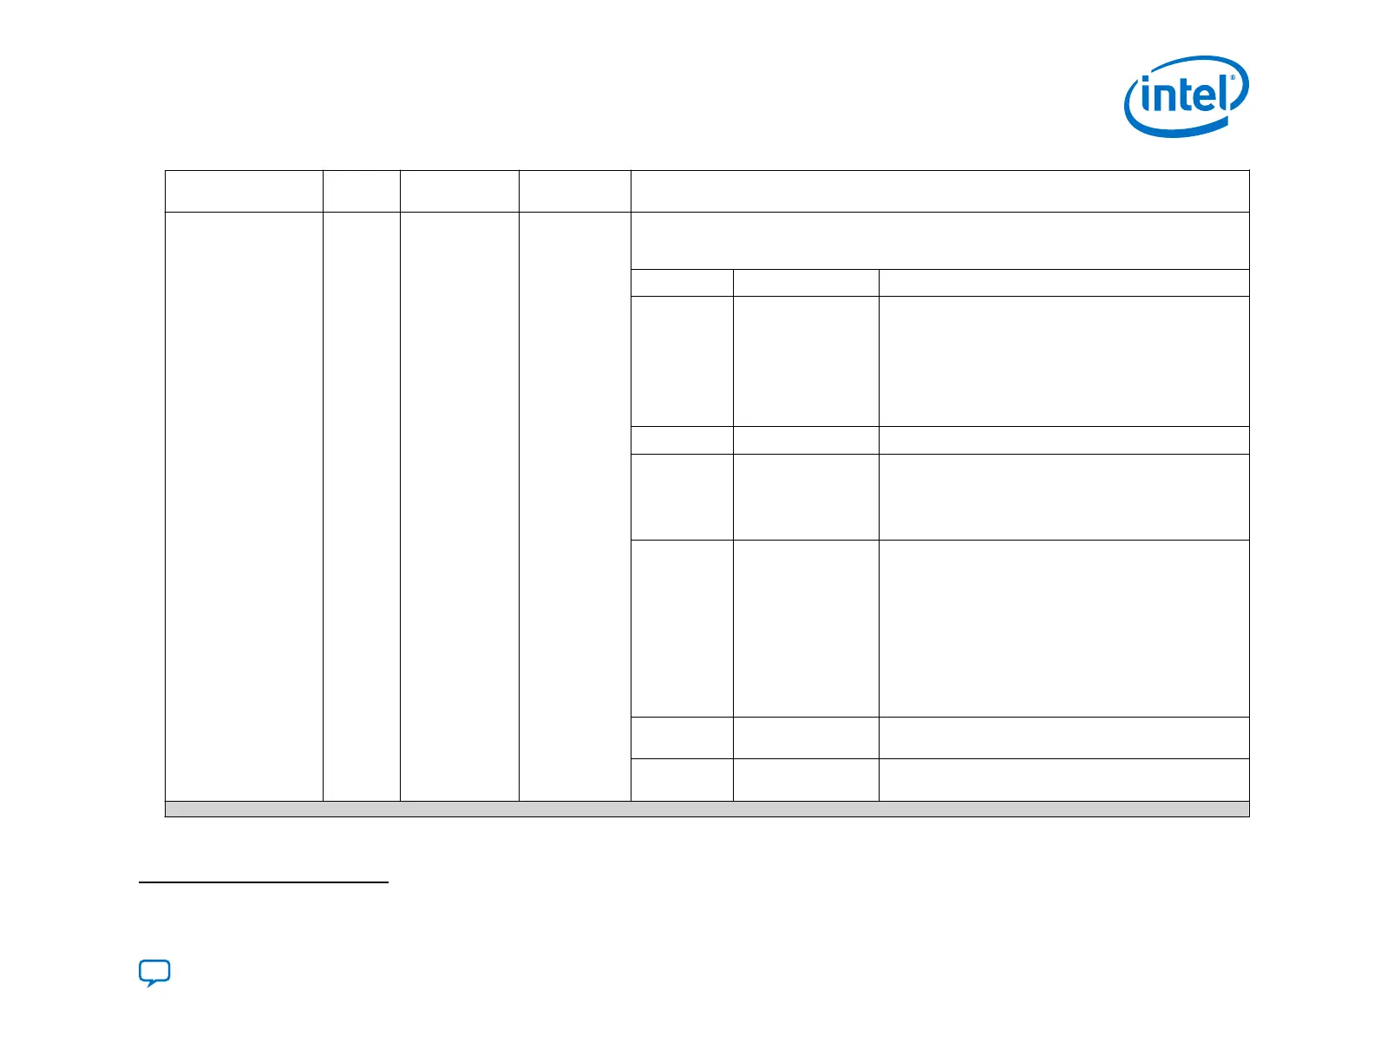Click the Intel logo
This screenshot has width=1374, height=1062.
point(1186,95)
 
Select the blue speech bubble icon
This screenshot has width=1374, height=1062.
point(154,973)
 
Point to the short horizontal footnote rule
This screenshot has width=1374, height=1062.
point(264,883)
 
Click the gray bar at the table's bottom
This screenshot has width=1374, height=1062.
point(706,810)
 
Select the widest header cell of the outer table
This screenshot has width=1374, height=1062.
point(939,191)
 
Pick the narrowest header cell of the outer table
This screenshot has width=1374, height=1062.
point(361,191)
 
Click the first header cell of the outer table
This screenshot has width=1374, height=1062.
point(244,191)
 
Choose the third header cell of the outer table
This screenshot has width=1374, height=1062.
point(459,191)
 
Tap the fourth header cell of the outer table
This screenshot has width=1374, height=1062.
point(574,191)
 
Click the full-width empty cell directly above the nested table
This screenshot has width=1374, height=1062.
point(939,240)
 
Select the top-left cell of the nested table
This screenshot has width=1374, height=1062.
point(682,283)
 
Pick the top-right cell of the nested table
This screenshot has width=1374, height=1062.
point(1063,283)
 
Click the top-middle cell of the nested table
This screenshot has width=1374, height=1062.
point(806,283)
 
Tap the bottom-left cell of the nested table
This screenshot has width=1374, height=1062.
point(682,779)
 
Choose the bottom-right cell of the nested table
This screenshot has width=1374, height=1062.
point(1063,779)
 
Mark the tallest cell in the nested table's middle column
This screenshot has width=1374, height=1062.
point(806,628)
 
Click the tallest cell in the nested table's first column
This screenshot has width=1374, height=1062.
point(682,628)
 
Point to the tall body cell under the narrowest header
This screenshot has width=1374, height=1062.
point(361,506)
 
